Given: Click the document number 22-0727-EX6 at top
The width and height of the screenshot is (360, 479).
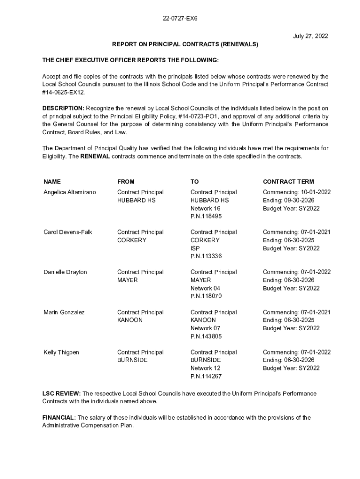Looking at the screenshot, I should (180, 19).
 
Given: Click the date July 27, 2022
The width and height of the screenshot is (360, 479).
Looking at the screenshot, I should (310, 36).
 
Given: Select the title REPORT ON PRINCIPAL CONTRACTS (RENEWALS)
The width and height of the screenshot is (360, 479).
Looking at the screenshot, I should (185, 44).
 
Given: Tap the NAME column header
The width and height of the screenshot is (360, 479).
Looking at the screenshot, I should (52, 181).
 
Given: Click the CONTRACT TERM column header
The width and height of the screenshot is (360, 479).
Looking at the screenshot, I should (288, 181).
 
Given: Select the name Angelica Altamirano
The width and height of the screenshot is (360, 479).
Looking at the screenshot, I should (70, 192).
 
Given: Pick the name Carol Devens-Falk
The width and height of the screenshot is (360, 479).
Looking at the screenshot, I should (68, 232).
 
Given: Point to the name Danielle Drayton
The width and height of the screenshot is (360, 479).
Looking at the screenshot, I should (65, 272).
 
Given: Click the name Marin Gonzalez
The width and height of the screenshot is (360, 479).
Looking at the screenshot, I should (64, 312).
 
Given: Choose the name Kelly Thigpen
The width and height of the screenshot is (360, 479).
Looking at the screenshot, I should (61, 352).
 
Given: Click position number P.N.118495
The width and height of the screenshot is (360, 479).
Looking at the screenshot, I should (206, 217).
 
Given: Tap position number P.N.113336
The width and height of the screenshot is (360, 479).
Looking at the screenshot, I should (206, 256).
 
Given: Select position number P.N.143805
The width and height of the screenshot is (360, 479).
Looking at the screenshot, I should (206, 336).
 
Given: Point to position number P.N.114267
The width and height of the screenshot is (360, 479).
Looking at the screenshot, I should (206, 377).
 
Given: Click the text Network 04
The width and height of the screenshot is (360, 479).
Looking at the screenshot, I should (205, 288).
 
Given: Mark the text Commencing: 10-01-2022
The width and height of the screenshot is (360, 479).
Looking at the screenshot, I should (297, 192).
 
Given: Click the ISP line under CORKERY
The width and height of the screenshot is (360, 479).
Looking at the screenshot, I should (195, 248).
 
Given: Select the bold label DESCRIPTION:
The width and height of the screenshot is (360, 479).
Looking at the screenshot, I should (63, 109).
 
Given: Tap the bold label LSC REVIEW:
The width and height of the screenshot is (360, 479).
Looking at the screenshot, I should (62, 393).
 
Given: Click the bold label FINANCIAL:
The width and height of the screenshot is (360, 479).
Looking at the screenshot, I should (59, 418).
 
